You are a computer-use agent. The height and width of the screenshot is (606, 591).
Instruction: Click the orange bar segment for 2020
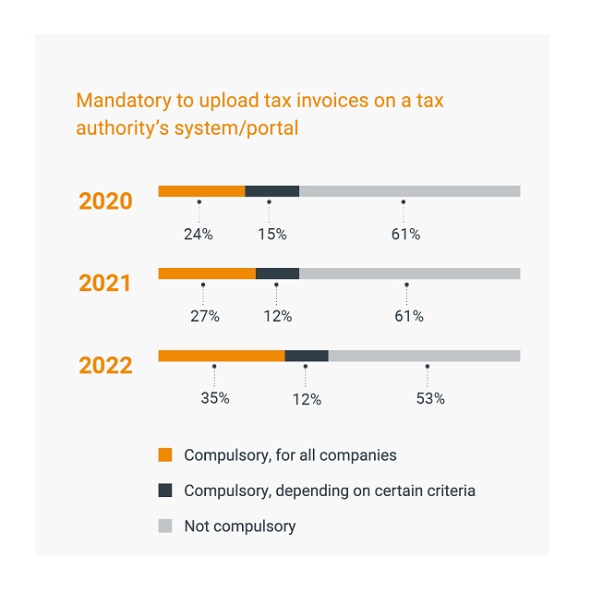click(201, 191)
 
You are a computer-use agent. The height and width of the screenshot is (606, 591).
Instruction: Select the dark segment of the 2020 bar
click(271, 191)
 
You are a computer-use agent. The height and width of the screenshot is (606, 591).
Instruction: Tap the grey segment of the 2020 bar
click(409, 191)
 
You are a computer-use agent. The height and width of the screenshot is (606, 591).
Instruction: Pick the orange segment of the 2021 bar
click(207, 273)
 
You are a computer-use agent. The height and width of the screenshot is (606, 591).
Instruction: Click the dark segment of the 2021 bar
click(277, 273)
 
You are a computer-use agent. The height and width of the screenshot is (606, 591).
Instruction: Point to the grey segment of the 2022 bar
click(424, 356)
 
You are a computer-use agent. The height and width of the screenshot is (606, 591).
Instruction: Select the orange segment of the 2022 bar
click(222, 356)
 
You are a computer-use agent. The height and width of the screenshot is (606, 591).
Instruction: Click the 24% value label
click(198, 235)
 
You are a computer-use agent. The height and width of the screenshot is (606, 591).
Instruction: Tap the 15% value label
click(271, 235)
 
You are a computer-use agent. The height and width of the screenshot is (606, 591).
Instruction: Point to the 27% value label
click(204, 317)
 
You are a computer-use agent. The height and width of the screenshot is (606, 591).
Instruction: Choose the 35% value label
click(214, 399)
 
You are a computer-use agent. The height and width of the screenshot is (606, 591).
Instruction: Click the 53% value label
click(430, 399)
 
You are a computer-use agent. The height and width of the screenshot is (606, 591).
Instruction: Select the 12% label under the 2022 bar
click(307, 400)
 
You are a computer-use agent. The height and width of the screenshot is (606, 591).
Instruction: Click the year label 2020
click(105, 201)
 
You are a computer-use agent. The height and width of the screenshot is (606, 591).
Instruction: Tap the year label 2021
click(105, 284)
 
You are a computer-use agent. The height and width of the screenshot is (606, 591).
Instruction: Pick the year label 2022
click(105, 366)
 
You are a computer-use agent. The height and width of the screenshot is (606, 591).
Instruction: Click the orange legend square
click(165, 455)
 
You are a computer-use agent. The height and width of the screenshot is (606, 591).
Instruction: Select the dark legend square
click(165, 491)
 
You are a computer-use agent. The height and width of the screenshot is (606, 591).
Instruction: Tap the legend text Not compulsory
click(239, 527)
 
